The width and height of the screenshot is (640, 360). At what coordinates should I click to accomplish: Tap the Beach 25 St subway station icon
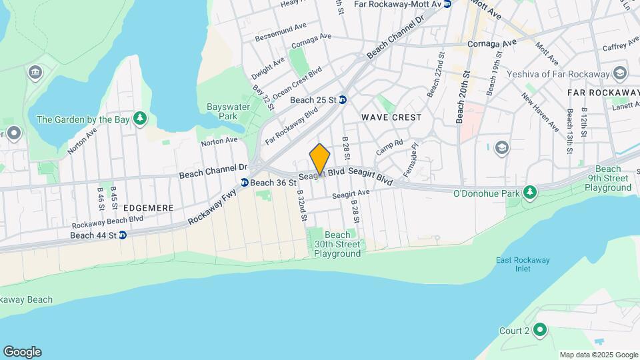point(343,100)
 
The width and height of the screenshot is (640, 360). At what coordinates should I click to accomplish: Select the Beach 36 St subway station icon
point(245,183)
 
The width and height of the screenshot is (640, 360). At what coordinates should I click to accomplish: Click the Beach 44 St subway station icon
point(123,235)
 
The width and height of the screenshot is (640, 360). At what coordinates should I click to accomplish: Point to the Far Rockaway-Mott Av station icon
point(447,4)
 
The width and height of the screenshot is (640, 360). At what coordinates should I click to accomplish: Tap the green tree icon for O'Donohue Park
point(530,193)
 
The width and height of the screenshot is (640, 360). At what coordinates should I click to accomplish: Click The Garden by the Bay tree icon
point(139,119)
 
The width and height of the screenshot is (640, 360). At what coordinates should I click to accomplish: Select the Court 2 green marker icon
point(541,331)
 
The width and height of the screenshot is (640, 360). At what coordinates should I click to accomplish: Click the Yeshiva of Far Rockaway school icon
point(621,73)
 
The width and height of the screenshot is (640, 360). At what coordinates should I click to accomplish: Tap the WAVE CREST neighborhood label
point(391,117)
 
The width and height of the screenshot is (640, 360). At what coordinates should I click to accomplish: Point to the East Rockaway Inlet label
point(523,265)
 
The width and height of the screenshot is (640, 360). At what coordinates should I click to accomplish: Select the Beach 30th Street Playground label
point(337,244)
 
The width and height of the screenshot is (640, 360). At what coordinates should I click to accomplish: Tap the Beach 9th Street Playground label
point(608,178)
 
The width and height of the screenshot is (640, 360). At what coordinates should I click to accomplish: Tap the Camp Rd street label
point(390,147)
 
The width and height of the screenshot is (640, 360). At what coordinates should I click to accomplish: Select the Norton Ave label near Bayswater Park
point(219,141)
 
